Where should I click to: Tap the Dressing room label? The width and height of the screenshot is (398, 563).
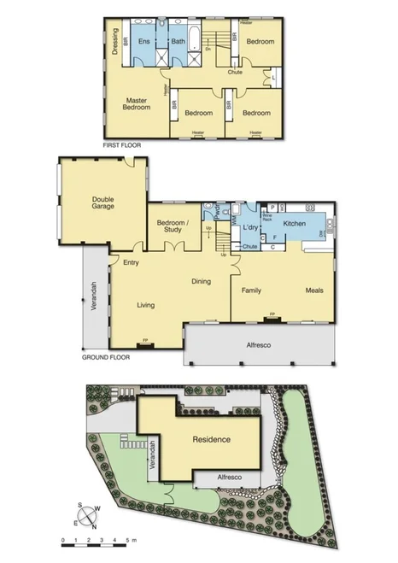(x=114, y=42)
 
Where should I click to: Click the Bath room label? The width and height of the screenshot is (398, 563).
(x=178, y=41)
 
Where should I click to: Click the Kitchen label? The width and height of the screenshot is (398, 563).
(x=295, y=223)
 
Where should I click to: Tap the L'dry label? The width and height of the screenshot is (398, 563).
(x=250, y=228)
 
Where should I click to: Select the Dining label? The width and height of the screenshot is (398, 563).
(x=201, y=281)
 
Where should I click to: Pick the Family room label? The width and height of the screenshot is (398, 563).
(x=251, y=290)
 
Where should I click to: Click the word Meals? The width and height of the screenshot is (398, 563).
(x=315, y=290)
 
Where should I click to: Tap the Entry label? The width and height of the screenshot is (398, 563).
(x=131, y=262)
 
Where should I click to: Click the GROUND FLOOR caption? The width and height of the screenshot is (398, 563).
(x=106, y=357)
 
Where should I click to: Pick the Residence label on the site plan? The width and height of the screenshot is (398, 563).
(x=211, y=439)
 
